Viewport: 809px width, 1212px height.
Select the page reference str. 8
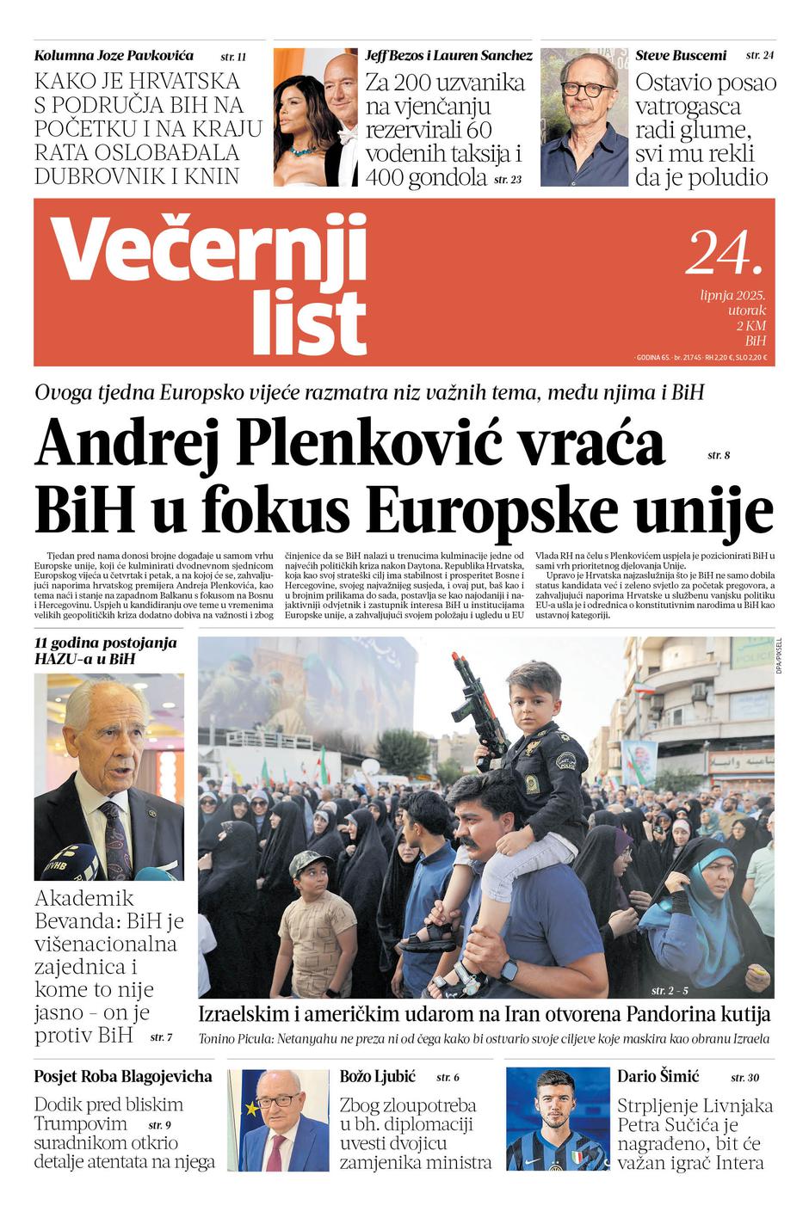[x=718, y=455]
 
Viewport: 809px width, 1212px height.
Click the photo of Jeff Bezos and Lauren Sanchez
[x=315, y=117]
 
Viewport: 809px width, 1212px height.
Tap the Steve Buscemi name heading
[x=681, y=56]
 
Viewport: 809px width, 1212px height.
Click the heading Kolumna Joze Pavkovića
[x=114, y=56]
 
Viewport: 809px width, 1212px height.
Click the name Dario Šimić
[x=658, y=1075]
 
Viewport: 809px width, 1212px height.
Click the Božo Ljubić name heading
[x=377, y=1076]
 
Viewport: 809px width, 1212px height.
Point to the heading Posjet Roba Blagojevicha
[x=123, y=1076]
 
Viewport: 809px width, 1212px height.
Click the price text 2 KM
[x=750, y=326]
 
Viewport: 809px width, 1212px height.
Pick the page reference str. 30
[x=744, y=1078]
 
